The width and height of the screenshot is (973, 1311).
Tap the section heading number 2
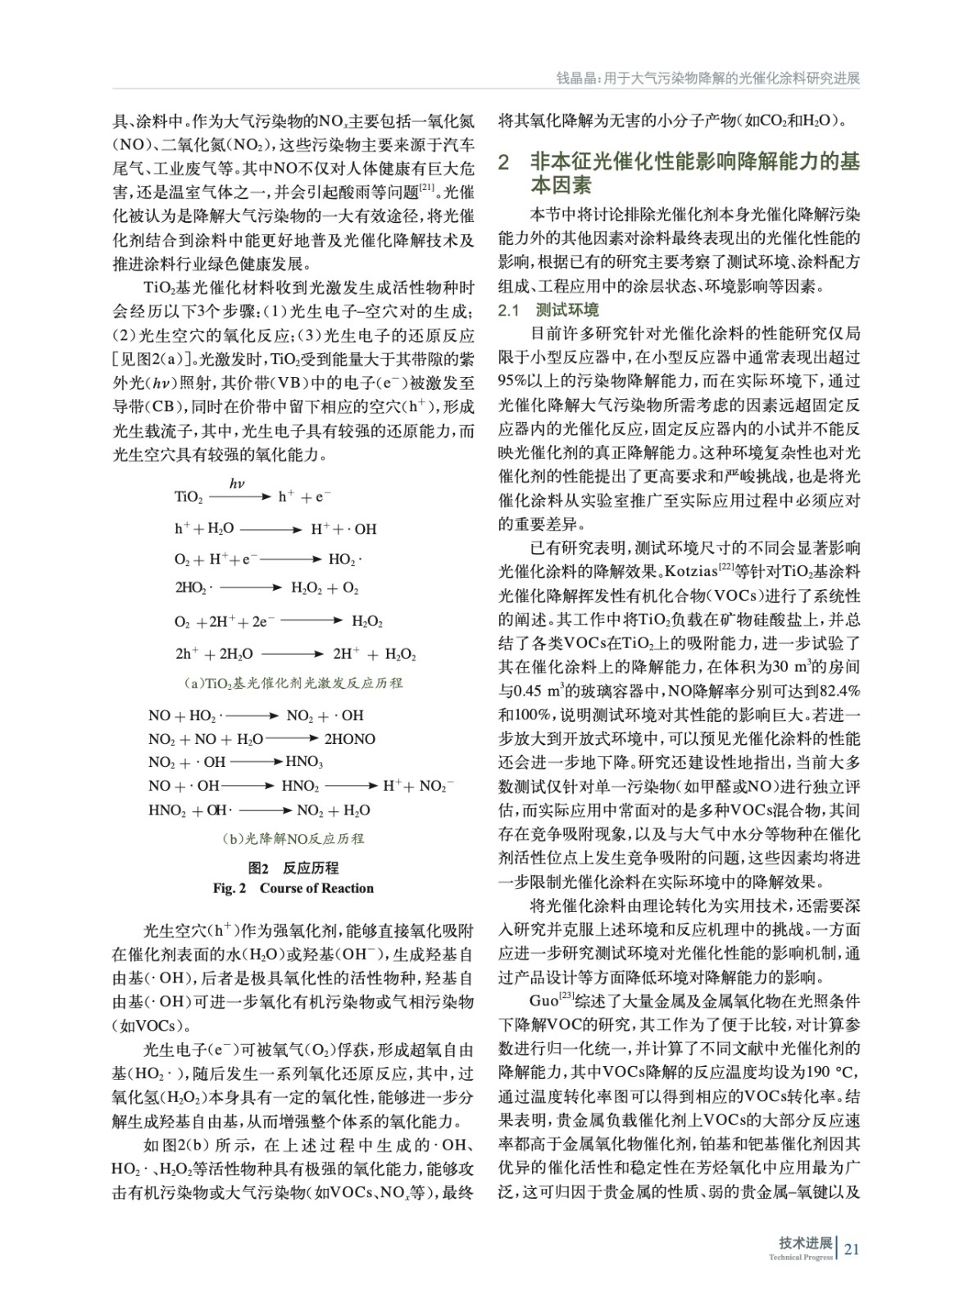505,161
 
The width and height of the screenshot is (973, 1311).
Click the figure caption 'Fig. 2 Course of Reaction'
293,888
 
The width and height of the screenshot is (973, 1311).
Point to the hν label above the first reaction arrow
237,483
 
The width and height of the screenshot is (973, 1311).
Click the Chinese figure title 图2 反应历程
293,868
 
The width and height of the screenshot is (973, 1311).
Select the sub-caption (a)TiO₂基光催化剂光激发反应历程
293,683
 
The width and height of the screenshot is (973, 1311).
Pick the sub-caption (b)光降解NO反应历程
293,838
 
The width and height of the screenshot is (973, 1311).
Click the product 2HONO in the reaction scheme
350,739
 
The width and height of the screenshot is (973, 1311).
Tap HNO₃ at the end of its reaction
304,762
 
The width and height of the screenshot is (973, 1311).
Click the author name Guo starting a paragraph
543,1000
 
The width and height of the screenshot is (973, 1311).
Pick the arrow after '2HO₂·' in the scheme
252,588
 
